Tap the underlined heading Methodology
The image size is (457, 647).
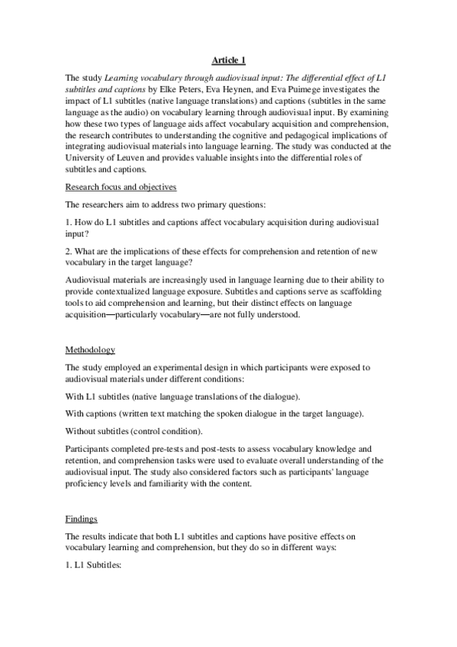pyautogui.click(x=90, y=349)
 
